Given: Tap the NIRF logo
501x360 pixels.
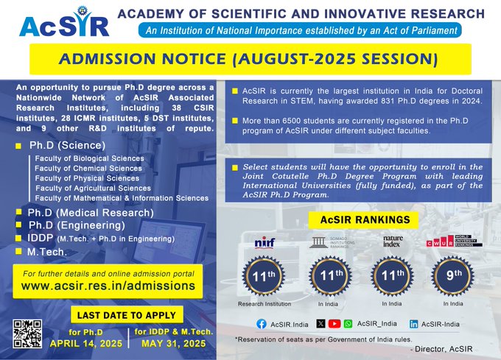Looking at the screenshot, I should click(263, 242).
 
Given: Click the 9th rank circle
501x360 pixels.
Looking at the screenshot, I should click(453, 276).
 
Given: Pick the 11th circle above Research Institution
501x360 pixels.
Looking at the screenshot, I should click(264, 276).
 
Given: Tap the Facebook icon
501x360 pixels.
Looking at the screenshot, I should click(261, 324).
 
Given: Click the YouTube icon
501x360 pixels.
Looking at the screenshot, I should click(334, 324).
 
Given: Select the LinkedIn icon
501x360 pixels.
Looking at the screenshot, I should click(414, 324).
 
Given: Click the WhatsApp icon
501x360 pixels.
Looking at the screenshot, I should click(348, 324).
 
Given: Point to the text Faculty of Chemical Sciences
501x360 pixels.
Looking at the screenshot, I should click(88, 168).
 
